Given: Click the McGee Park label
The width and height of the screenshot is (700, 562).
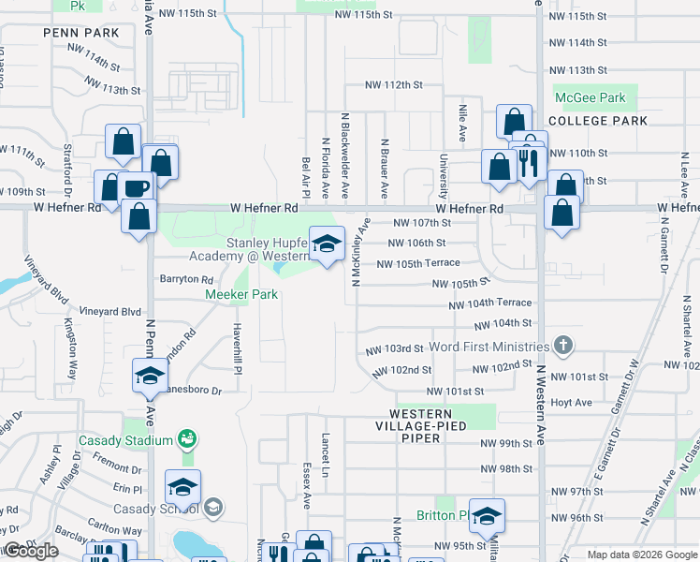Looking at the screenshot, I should tap(590, 97).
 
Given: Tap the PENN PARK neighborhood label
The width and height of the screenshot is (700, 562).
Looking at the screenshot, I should tap(81, 33).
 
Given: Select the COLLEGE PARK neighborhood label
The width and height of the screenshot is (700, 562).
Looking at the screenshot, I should tap(598, 121).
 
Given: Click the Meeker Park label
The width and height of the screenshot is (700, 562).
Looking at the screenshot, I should tap(242, 294).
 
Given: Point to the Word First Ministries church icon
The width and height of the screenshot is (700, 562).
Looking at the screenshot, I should tap(562, 346).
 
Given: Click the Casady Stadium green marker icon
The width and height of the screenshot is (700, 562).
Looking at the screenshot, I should tap(187, 439).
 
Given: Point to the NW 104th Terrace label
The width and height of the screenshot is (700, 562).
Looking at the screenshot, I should tap(489, 303).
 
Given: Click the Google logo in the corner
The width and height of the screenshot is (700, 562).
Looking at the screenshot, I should tap(31, 550).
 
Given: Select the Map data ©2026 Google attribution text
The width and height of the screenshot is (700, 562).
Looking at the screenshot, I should tap(642, 555).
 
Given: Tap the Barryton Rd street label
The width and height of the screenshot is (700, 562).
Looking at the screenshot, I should tap(187, 279).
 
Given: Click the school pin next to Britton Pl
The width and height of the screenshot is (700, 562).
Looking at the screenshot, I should tap(487, 516).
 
